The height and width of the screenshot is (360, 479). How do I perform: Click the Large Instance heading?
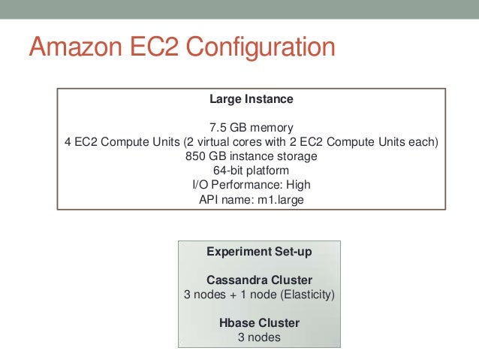click(251, 99)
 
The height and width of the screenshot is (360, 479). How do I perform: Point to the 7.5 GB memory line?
click(251, 128)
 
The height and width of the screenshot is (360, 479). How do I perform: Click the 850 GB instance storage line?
click(251, 157)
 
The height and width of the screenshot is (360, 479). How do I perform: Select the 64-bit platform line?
click(251, 171)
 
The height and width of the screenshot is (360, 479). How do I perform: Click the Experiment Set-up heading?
click(259, 252)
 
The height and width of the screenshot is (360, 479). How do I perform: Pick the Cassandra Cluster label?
click(259, 280)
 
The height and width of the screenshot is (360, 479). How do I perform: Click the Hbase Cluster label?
click(259, 323)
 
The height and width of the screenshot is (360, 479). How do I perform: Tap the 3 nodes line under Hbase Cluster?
click(259, 337)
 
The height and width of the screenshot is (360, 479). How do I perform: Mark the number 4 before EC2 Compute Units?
click(68, 143)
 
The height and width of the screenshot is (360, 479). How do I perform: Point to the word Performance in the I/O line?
click(239, 186)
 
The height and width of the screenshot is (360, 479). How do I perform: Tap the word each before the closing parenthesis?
click(420, 143)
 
